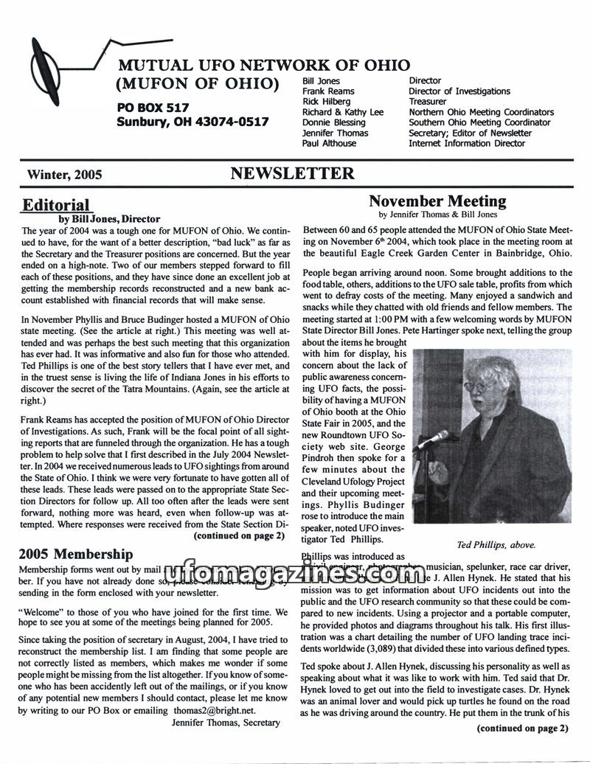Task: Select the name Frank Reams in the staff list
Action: tap(328, 91)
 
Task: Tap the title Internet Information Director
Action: tap(467, 143)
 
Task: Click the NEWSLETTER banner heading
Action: tap(292, 174)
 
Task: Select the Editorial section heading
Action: tap(56, 205)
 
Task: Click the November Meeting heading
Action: tap(437, 201)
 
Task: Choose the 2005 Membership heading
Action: tap(76, 554)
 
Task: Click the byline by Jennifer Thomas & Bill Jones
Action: tap(437, 215)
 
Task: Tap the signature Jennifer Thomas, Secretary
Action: tap(226, 723)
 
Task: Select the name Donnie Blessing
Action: tap(333, 122)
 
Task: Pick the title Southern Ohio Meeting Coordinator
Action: tap(479, 122)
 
